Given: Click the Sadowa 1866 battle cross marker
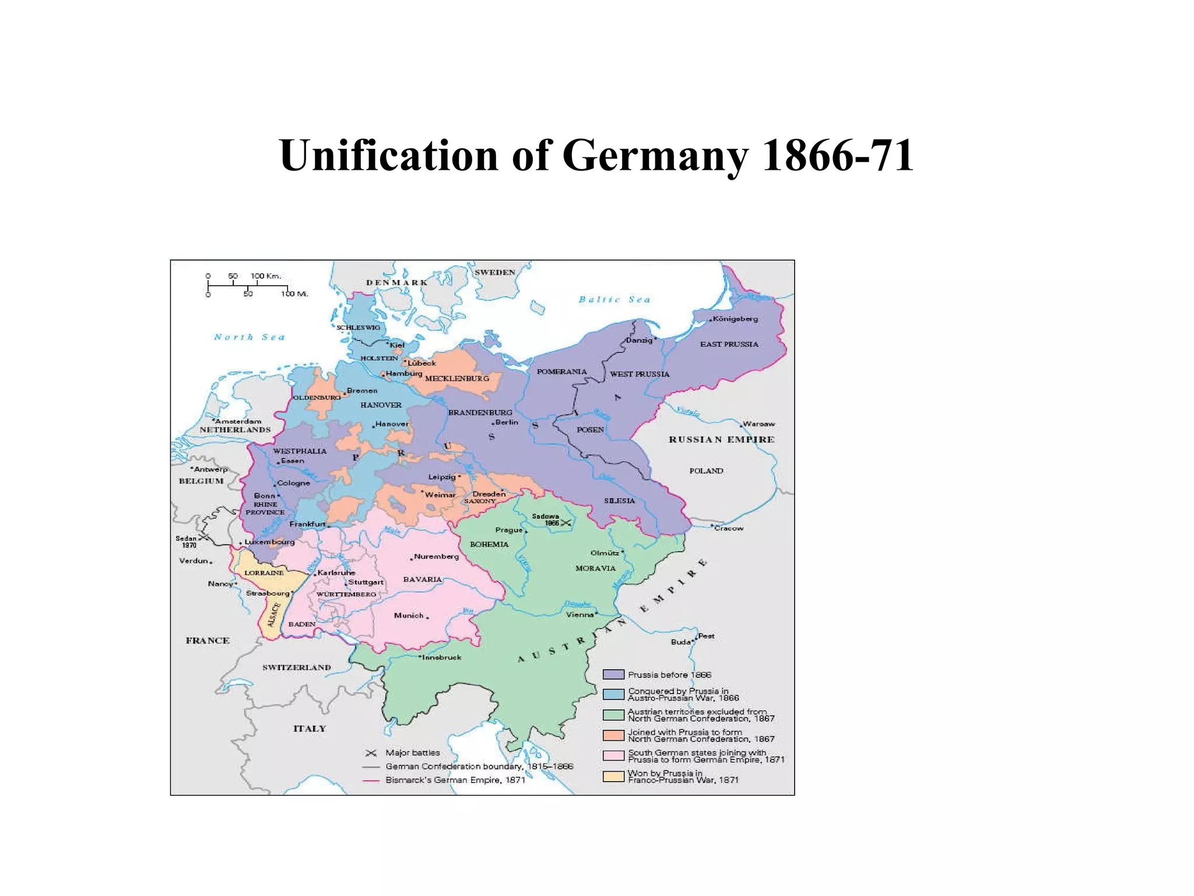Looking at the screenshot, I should pos(566,523).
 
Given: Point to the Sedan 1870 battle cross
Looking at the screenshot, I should pos(203,537).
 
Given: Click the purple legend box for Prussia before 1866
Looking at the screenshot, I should pos(613,674).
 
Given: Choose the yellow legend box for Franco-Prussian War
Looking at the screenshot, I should pos(613,776).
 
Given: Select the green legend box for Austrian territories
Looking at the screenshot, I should pos(613,715).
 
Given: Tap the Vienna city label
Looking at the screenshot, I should pos(580,614).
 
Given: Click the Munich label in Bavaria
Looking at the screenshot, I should pos(408,615).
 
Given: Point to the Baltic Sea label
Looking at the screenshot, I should pos(614,299).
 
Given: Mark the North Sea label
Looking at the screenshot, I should pos(249,337).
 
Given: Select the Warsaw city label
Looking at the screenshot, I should pos(758,424).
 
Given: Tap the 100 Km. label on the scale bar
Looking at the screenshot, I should pos(266,276).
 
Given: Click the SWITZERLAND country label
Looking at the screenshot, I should pos(296,667).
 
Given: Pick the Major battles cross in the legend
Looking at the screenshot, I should pos(371,753).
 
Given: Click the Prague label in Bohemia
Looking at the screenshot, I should pos(508,530).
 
